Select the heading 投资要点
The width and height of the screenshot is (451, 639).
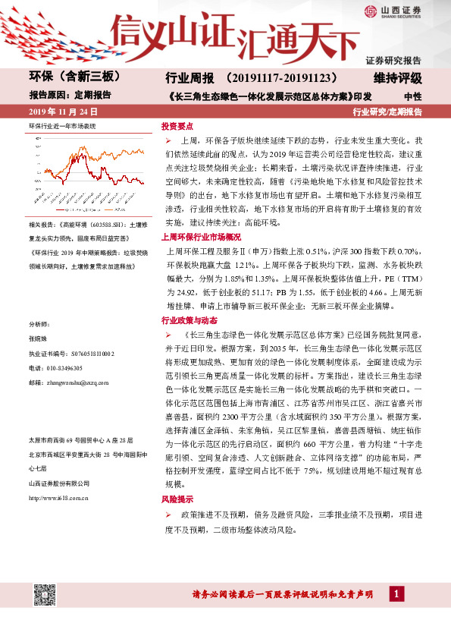click(177, 126)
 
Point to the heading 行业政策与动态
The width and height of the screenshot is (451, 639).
click(188, 320)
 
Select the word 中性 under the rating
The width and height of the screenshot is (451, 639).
click(412, 96)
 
